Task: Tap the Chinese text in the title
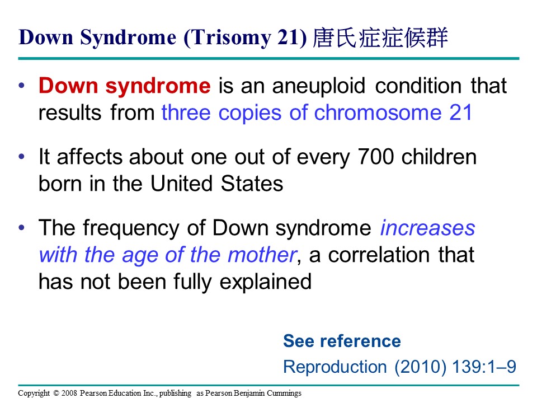coord(380,37)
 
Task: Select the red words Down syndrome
coord(125,86)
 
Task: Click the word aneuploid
coord(319,86)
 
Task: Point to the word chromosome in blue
coord(378,113)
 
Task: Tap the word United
coord(181,184)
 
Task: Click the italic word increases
coord(428,228)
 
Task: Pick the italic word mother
coord(262,255)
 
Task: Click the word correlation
coord(379,255)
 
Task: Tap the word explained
coord(265,282)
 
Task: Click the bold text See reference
coord(342,341)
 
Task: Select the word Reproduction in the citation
coord(335,367)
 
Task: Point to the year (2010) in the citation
coord(420,367)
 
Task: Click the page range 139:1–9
coord(484,367)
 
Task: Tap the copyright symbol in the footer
coord(56,393)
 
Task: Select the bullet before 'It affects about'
coord(22,157)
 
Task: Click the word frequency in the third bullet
coord(131,229)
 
